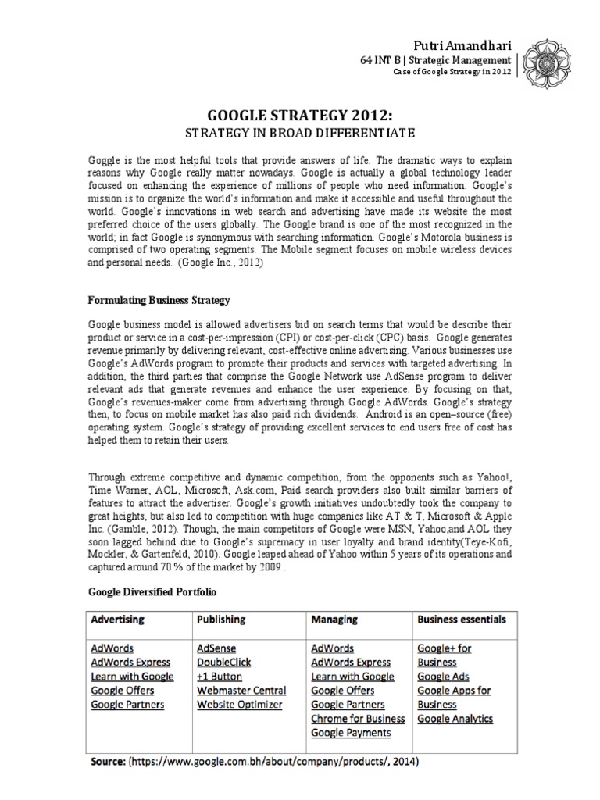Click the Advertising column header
(118, 619)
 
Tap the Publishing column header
(222, 619)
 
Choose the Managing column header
(334, 619)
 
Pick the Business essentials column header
(461, 619)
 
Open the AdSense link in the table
(217, 648)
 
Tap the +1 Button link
(220, 677)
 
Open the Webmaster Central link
(242, 691)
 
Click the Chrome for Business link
(358, 719)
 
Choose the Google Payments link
(351, 733)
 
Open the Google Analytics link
(455, 719)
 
